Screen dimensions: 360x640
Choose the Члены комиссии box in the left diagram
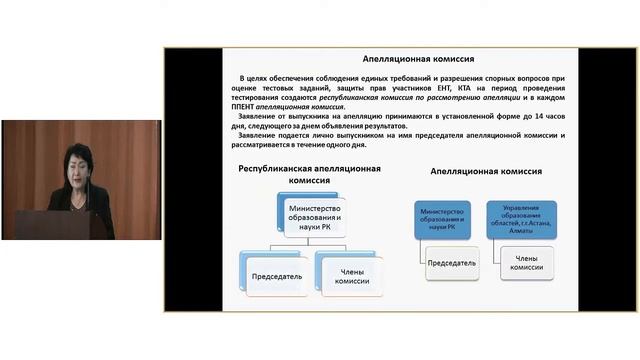(349, 276)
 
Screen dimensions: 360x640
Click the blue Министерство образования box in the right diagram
(444, 219)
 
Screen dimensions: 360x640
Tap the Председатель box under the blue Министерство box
(451, 263)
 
